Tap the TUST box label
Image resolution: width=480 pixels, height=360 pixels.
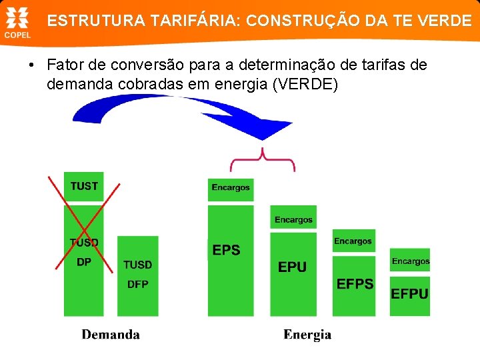[84, 187]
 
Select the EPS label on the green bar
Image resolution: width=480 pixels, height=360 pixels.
[226, 251]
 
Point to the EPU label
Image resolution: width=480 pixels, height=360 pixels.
[292, 267]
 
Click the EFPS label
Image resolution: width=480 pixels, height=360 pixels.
[355, 284]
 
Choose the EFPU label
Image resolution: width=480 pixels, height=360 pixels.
[409, 293]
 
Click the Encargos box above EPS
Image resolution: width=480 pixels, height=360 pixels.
[231, 188]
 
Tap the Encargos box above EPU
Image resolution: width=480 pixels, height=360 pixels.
[293, 220]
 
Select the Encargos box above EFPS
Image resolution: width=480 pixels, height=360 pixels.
[353, 241]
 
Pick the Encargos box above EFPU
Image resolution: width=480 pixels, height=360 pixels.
[411, 261]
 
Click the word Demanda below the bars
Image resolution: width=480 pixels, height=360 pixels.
[111, 334]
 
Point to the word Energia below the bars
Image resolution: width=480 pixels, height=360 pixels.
[307, 334]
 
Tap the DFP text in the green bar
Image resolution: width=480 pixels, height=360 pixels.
[137, 285]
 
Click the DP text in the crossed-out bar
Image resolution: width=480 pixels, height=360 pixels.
[83, 262]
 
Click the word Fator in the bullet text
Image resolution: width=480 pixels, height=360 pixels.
[65, 65]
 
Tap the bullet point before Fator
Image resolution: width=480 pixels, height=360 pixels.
[31, 66]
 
